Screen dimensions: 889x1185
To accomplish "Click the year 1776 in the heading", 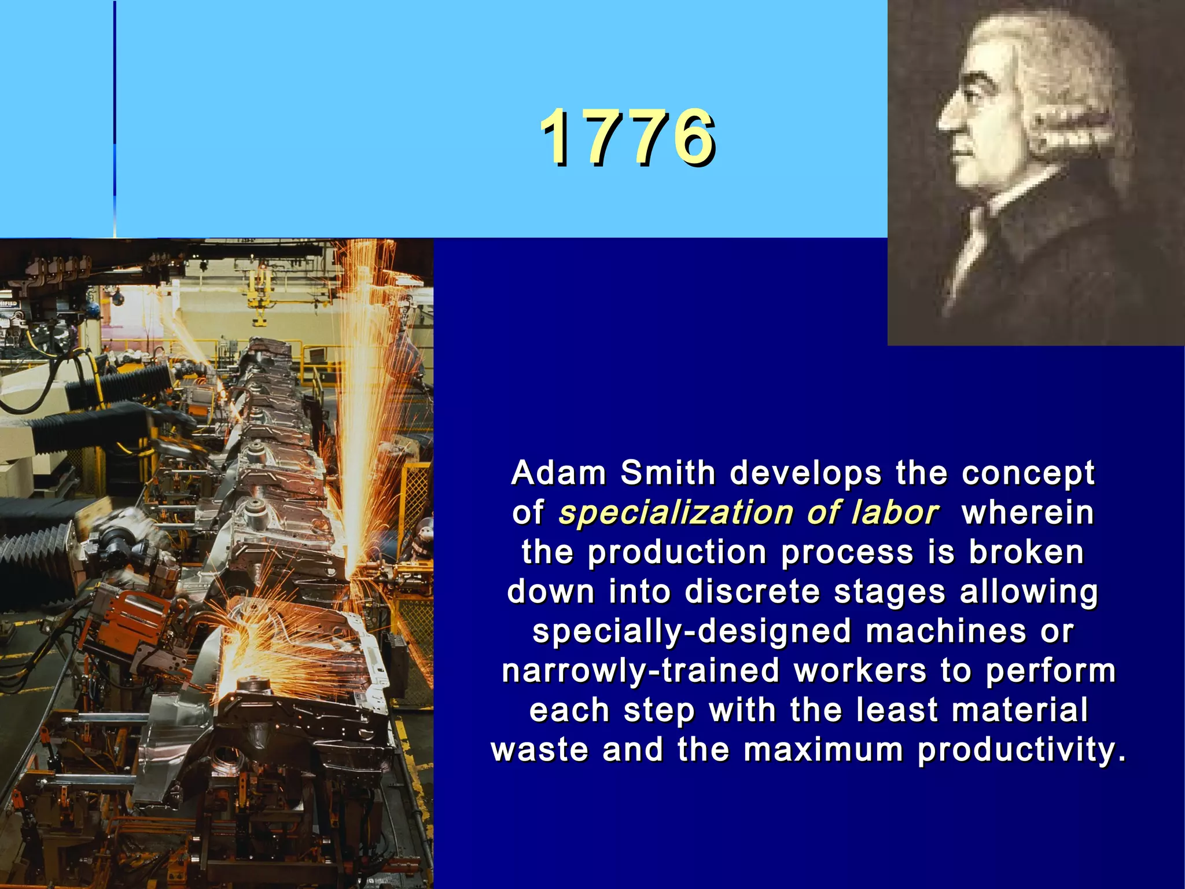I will point(628,138).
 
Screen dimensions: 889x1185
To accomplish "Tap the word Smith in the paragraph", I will point(668,473).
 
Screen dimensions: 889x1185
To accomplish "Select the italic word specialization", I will point(675,513).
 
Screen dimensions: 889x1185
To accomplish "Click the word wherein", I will point(1028,513).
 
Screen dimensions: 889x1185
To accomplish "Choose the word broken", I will point(1026,552).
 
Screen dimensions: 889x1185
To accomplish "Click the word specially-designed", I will point(692,631).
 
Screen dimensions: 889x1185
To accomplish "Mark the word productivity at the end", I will point(1021,750).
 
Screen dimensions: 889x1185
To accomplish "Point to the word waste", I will point(540,750).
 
